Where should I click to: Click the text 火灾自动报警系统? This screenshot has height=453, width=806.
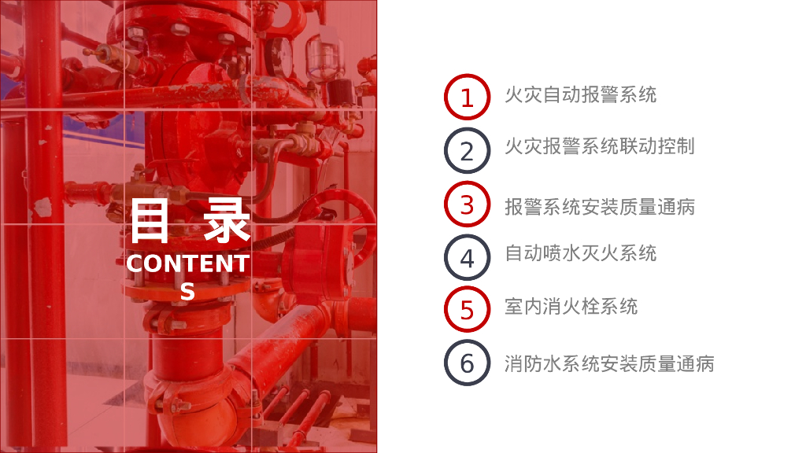click(580, 94)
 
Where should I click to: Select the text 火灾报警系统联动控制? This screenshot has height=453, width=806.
click(599, 146)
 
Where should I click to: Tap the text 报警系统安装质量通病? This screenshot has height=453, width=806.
click(599, 207)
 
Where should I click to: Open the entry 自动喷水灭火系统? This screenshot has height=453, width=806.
click(580, 253)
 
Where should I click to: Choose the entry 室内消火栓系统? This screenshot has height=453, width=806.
click(571, 307)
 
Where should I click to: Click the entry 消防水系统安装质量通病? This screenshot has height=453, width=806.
click(609, 363)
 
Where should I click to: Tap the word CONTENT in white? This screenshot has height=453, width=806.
click(188, 263)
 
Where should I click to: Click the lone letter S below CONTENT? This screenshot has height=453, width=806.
click(187, 291)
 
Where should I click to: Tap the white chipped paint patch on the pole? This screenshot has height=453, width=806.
click(43, 207)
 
